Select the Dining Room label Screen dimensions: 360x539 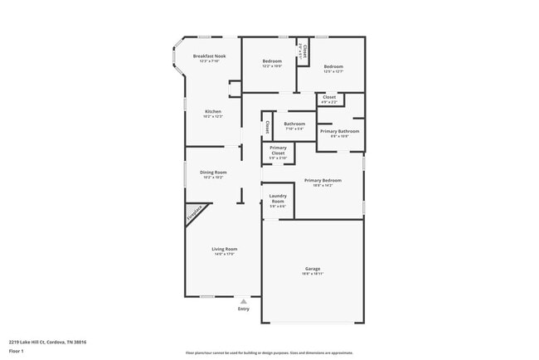coord(214,172)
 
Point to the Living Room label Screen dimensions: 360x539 coord(225,249)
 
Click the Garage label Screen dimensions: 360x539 coord(313,269)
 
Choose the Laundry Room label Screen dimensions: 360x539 coord(278,199)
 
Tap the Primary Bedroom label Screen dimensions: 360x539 coord(318,180)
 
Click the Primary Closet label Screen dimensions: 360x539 coord(278,150)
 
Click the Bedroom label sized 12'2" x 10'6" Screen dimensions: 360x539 coord(273,61)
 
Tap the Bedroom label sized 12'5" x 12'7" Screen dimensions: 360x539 coord(333,66)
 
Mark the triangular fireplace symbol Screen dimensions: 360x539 coord(193,214)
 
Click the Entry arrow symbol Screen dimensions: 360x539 coord(243,302)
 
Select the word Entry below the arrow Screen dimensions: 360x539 coord(243,309)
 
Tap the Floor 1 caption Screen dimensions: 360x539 coord(17,351)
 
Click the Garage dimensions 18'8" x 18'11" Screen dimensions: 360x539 coord(313,273)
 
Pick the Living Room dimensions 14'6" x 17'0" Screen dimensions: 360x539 coord(225,254)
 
